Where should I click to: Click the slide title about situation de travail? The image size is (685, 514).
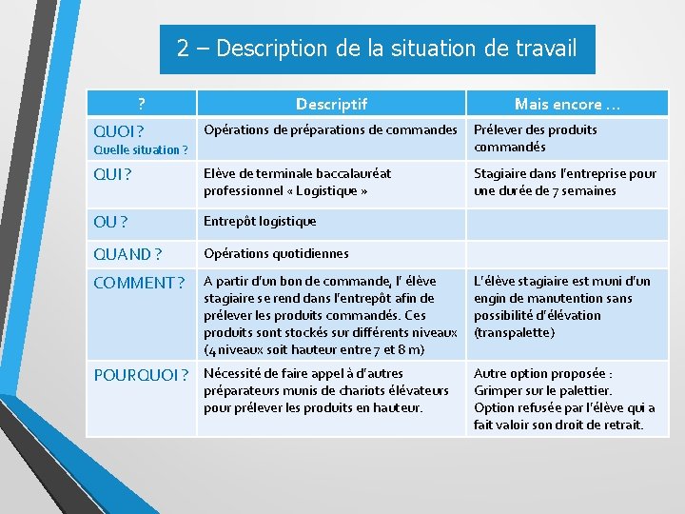click(x=377, y=49)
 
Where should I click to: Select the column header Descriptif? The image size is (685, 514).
click(x=330, y=104)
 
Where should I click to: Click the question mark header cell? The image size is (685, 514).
click(x=141, y=103)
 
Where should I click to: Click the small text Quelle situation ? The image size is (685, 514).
click(x=141, y=149)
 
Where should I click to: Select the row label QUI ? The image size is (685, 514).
click(x=111, y=174)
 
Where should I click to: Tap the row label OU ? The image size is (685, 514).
click(x=110, y=222)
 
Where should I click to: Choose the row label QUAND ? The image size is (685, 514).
click(x=127, y=254)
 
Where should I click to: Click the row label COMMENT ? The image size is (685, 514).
click(x=139, y=283)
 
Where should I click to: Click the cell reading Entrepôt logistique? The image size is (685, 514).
click(x=260, y=221)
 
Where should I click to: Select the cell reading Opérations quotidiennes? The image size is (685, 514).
click(x=276, y=253)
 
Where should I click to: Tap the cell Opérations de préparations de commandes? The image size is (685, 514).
click(x=330, y=129)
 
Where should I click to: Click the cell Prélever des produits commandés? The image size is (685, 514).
click(x=535, y=138)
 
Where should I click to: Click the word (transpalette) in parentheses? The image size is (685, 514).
click(x=514, y=332)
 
